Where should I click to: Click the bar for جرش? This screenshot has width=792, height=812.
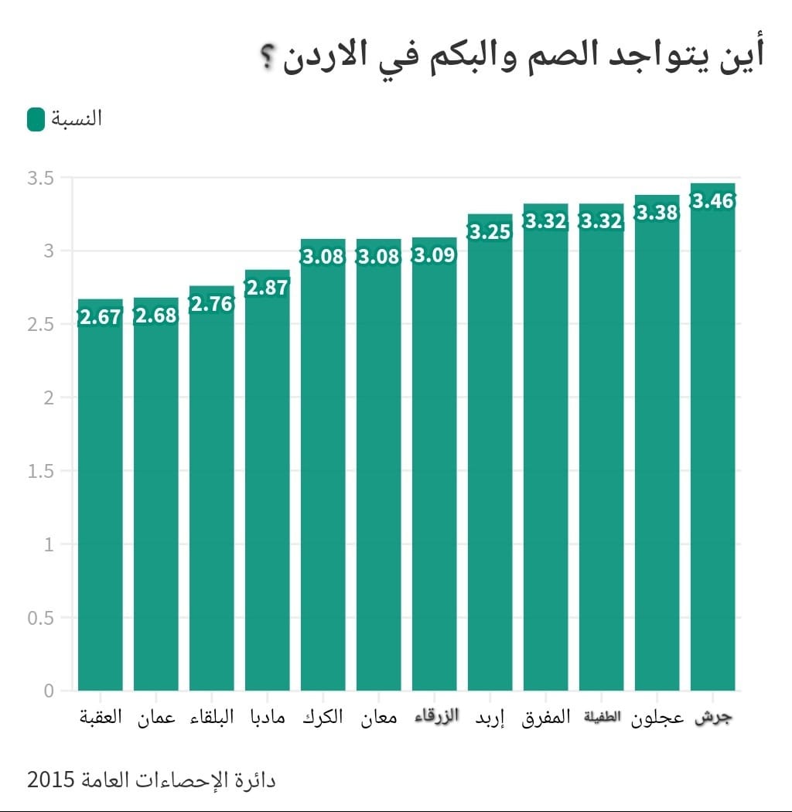pyautogui.click(x=712, y=449)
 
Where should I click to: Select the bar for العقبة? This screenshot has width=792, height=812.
pyautogui.click(x=101, y=503)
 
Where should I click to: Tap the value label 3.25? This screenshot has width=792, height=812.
pyautogui.click(x=490, y=231)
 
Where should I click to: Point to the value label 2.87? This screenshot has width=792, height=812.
pyautogui.click(x=267, y=288)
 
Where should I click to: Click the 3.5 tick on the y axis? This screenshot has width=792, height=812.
pyautogui.click(x=40, y=179)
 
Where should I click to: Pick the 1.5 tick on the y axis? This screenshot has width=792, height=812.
pyautogui.click(x=40, y=471)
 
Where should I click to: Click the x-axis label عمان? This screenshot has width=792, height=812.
pyautogui.click(x=155, y=718)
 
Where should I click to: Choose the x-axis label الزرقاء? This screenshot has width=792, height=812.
pyautogui.click(x=435, y=716)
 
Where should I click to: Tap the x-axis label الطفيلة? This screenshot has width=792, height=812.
pyautogui.click(x=602, y=717)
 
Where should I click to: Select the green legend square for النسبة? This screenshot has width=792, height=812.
pyautogui.click(x=36, y=120)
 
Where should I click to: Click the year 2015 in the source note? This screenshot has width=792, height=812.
pyautogui.click(x=51, y=780)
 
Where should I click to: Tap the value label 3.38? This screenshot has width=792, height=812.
pyautogui.click(x=657, y=213)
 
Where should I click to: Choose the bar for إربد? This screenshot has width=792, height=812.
pyautogui.click(x=490, y=464)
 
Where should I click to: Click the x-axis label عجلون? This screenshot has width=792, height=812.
pyautogui.click(x=657, y=718)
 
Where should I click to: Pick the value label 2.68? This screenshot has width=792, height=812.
pyautogui.click(x=155, y=316)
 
